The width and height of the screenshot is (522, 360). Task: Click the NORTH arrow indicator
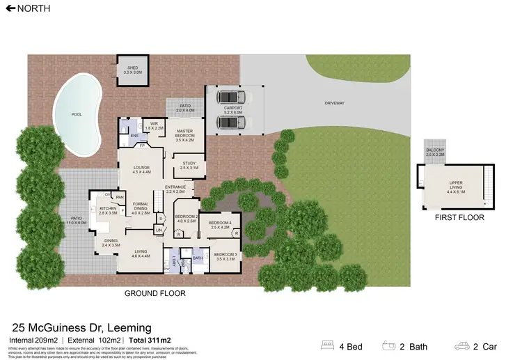8,8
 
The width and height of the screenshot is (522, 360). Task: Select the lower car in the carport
230,123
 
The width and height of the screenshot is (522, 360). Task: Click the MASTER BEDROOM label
184,133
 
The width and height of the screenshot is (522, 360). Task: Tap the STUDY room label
189,165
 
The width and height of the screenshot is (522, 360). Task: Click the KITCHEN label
109,209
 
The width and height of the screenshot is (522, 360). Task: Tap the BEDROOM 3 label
226,255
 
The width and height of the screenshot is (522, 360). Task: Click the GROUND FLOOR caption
155,293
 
